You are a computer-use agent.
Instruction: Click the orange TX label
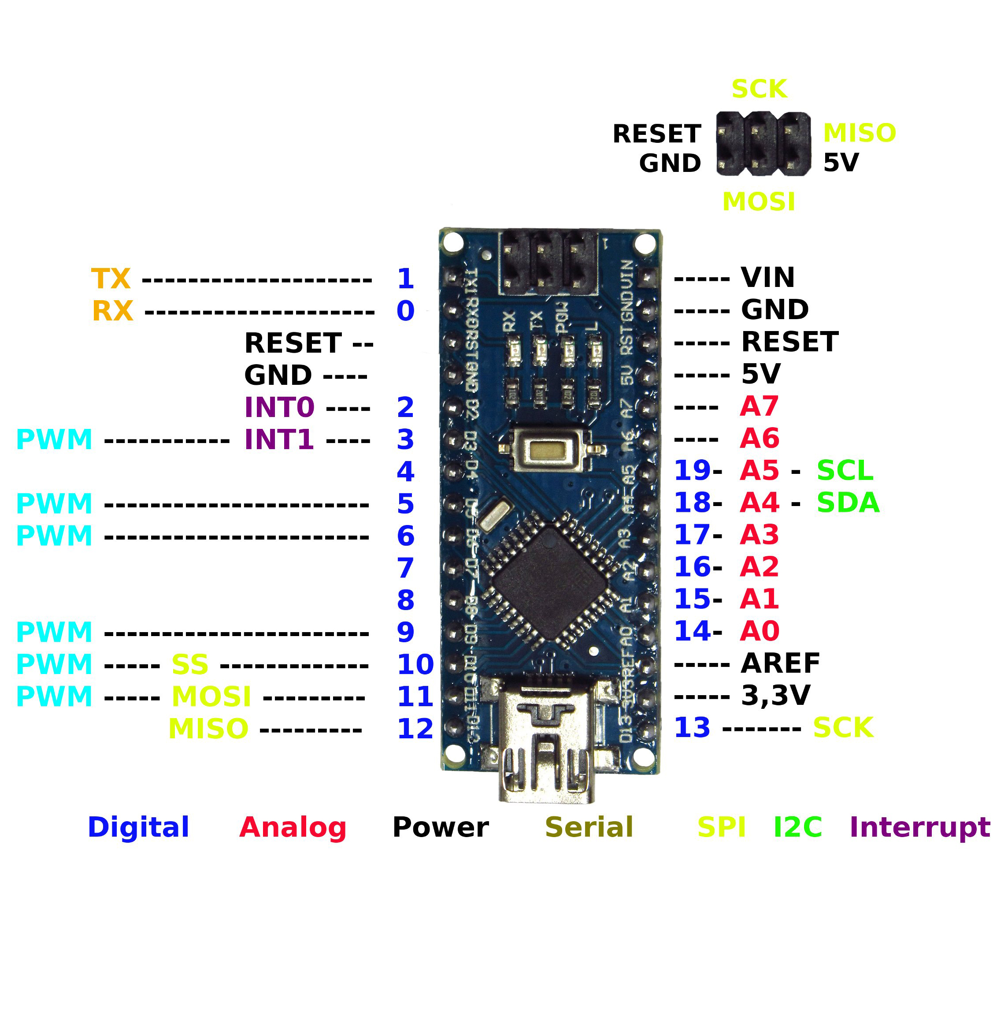[x=111, y=279]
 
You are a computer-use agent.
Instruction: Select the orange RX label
[x=112, y=311]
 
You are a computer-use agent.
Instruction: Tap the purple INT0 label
[x=279, y=407]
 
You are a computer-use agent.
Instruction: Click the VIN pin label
[x=767, y=277]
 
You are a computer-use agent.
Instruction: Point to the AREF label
[x=780, y=664]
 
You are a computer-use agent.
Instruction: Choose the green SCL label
[x=845, y=470]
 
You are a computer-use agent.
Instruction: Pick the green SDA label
[x=848, y=503]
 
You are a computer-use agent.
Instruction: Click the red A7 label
[x=759, y=406]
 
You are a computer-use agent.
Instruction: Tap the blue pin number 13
[x=692, y=728]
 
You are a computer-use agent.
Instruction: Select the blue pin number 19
[x=692, y=470]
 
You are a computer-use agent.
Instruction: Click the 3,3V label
[x=776, y=696]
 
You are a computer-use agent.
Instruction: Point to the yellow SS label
[x=190, y=665]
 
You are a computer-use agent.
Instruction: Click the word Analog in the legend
[x=293, y=828]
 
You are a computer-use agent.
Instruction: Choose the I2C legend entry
[x=797, y=827]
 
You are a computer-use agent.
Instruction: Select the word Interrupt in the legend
[x=920, y=827]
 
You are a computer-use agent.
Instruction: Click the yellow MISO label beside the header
[x=859, y=133]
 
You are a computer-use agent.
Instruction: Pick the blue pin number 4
[x=406, y=472]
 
